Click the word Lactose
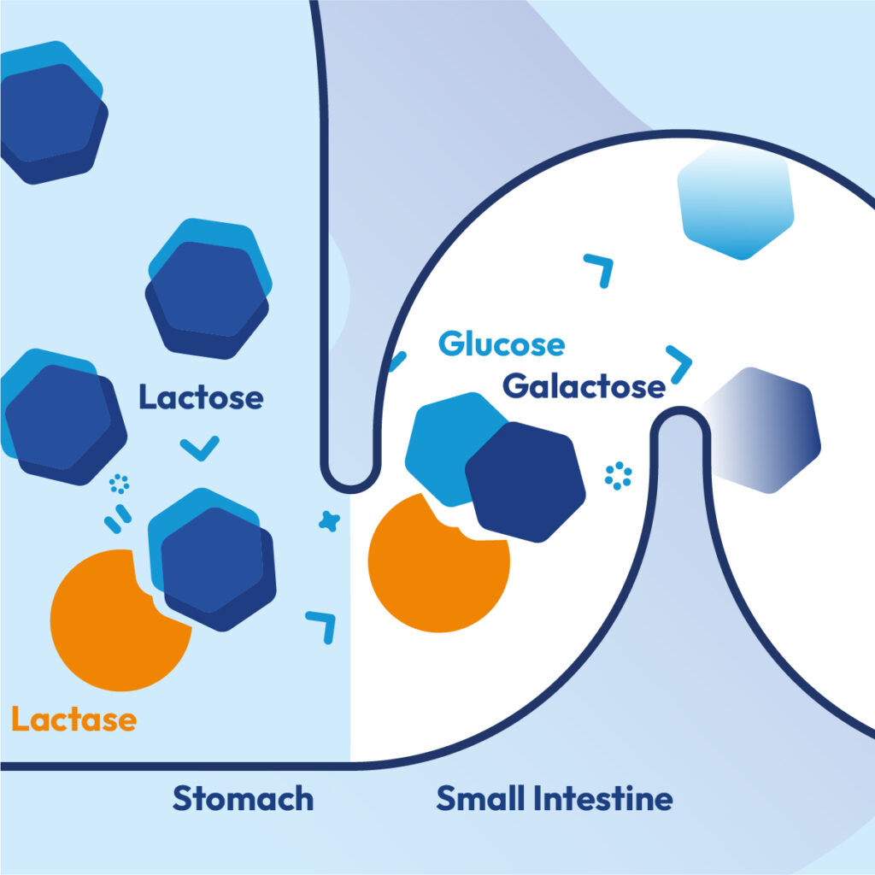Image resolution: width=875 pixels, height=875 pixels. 201,398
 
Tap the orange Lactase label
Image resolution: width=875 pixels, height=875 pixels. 73,719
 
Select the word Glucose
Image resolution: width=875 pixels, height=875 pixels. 501,344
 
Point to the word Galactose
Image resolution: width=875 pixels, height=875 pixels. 584,386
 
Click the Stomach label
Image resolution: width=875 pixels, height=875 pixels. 243,799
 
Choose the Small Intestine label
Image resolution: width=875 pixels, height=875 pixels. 554,799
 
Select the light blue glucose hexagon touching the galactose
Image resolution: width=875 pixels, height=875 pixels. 444,444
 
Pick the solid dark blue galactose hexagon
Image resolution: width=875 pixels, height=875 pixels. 526,483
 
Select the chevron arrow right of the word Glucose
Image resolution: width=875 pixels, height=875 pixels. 680,364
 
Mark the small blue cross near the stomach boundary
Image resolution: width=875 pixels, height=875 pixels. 326,520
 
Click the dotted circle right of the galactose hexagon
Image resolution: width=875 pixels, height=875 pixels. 618,476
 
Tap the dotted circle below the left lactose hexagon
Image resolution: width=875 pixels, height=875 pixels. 120,485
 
